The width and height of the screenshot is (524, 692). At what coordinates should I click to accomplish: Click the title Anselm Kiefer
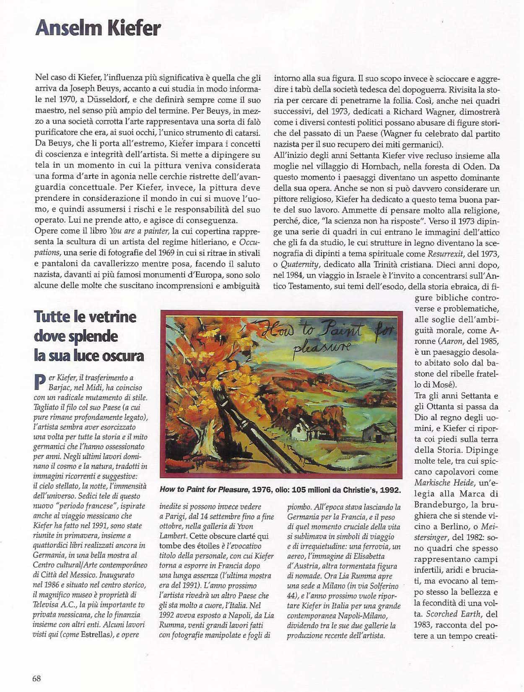click(x=98, y=29)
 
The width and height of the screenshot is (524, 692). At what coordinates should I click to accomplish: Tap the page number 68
click(x=36, y=678)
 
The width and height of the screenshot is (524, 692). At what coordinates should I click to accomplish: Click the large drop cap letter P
click(x=39, y=381)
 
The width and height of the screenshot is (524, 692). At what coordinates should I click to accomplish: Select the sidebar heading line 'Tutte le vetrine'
click(x=85, y=316)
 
